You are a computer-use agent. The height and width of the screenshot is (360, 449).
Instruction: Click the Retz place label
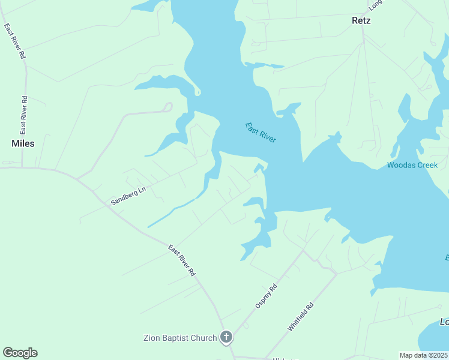click(361, 20)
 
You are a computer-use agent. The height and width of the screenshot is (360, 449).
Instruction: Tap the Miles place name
click(23, 143)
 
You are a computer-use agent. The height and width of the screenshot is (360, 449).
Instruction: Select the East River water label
click(261, 132)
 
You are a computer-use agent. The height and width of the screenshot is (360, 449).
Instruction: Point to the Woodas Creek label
click(412, 165)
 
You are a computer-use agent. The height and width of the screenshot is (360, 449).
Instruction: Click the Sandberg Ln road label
click(128, 196)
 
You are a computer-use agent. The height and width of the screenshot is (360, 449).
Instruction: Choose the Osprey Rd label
click(267, 297)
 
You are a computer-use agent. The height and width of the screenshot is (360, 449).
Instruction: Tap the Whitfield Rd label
click(301, 316)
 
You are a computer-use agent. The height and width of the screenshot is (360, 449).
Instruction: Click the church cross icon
click(226, 338)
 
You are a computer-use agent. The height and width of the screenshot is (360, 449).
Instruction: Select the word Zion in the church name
click(153, 338)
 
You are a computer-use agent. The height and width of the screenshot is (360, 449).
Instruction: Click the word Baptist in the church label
click(178, 338)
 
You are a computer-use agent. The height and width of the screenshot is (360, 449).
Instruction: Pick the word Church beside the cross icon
click(204, 338)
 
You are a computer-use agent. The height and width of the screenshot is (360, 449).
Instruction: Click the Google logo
click(20, 353)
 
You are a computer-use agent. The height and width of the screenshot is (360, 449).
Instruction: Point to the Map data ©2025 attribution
click(424, 355)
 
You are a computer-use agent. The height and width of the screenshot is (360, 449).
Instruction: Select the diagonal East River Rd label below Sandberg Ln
click(182, 260)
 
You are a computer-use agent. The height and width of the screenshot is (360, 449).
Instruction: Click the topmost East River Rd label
click(15, 41)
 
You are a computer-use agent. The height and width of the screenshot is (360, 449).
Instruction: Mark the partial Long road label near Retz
click(376, 4)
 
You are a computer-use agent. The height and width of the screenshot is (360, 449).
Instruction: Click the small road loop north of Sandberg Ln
click(167, 107)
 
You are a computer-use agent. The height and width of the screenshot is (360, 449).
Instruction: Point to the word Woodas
click(399, 165)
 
